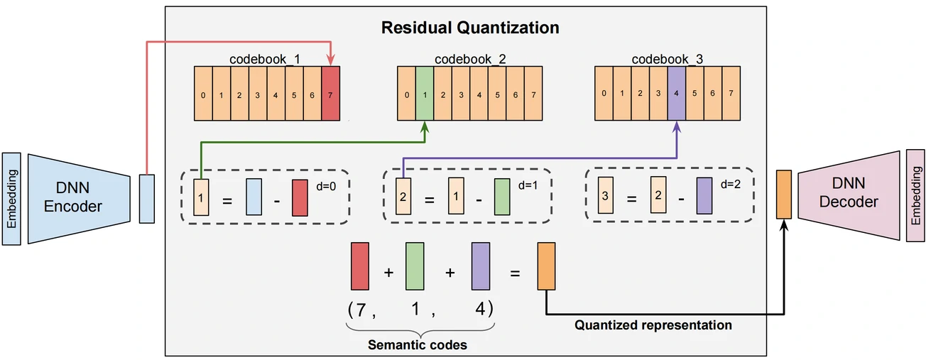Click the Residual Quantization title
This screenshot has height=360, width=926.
pyautogui.click(x=470, y=28)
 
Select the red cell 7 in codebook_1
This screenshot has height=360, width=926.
pyautogui.click(x=331, y=93)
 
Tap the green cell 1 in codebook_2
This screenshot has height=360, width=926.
pyautogui.click(x=424, y=93)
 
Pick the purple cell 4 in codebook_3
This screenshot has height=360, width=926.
pyautogui.click(x=677, y=93)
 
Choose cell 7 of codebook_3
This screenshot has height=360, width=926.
pyautogui.click(x=731, y=93)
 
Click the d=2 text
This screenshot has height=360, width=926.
pyautogui.click(x=731, y=185)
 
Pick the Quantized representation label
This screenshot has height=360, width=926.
pyautogui.click(x=653, y=325)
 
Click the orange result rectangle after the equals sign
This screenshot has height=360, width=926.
pyautogui.click(x=546, y=266)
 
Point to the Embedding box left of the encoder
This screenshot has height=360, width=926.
pyautogui.click(x=11, y=198)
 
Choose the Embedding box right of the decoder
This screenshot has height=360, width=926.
pyautogui.click(x=916, y=195)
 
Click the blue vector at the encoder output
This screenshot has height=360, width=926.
pyautogui.click(x=146, y=198)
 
